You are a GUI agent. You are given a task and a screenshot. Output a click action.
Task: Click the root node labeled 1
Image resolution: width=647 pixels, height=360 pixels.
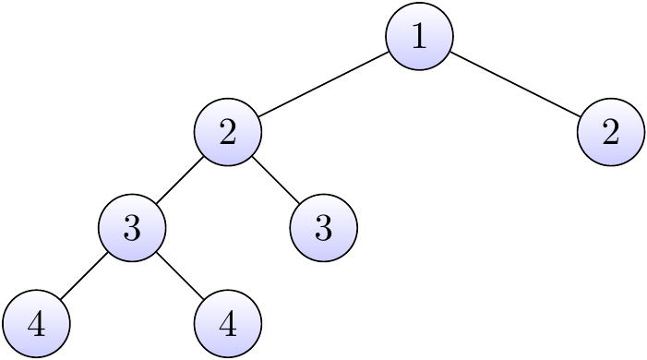(x=419, y=37)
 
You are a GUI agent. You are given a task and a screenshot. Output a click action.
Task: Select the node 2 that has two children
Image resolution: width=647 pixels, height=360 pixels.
(x=228, y=133)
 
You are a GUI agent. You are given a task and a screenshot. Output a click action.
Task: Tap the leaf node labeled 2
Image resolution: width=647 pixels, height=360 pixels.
(x=610, y=133)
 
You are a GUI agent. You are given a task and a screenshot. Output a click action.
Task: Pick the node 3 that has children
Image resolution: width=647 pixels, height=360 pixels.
(x=132, y=228)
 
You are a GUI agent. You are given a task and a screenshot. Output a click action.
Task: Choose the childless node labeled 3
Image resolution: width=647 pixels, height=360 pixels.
(x=323, y=228)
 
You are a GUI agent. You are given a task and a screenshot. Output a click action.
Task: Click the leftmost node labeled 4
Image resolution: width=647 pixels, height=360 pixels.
(x=36, y=324)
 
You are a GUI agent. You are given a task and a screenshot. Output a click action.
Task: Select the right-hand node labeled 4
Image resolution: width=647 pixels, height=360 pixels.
(x=228, y=324)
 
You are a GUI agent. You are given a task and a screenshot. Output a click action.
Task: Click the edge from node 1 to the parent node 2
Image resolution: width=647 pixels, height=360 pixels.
(x=323, y=85)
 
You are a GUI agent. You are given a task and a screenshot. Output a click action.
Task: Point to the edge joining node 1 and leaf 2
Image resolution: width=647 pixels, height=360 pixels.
(x=514, y=85)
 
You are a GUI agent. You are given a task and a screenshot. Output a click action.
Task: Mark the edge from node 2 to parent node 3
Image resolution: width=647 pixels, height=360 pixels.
(x=180, y=181)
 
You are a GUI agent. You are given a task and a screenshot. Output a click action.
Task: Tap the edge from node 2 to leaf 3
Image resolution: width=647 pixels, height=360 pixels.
(x=275, y=181)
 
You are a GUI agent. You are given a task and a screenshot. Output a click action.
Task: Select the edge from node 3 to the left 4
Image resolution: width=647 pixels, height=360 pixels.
(x=84, y=276)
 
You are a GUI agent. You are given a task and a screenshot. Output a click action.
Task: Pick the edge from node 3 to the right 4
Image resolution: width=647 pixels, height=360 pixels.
(x=180, y=276)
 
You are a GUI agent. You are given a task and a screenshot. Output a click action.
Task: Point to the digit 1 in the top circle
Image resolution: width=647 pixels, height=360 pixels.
(x=419, y=37)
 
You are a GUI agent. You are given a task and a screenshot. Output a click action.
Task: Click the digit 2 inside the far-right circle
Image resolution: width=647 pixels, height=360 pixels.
(x=610, y=133)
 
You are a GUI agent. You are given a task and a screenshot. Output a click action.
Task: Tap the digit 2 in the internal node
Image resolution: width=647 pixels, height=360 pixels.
(x=228, y=133)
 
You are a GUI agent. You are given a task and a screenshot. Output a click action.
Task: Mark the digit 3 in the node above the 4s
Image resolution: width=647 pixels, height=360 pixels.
(x=132, y=228)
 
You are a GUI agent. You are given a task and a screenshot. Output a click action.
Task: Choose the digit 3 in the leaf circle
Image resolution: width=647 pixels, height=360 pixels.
(x=323, y=228)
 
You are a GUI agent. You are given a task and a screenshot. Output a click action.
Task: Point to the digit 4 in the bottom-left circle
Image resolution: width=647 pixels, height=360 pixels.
(x=36, y=324)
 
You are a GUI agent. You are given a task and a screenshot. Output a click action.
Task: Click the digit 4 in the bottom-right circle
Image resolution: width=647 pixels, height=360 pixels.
(x=228, y=324)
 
